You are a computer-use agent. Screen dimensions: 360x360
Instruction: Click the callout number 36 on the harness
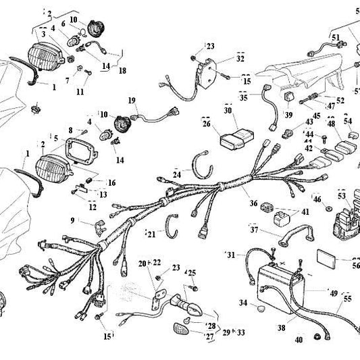(x=253, y=203)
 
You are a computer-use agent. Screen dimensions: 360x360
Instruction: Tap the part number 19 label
(x=132, y=100)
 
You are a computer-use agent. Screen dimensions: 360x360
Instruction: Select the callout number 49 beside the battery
(x=333, y=292)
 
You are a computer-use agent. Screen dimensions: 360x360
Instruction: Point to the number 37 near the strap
(x=255, y=230)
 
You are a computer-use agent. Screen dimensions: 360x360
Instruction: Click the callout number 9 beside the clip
(x=72, y=220)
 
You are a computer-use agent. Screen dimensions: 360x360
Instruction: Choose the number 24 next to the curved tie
(x=177, y=174)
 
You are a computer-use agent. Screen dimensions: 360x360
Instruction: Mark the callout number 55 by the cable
(x=347, y=298)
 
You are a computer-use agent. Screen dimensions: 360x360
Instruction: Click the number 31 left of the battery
(x=231, y=255)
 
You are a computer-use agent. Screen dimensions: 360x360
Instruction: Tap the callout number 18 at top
(x=122, y=70)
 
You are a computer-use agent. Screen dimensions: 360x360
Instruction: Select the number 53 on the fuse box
(x=342, y=196)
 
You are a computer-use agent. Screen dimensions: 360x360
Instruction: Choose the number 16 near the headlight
(x=111, y=182)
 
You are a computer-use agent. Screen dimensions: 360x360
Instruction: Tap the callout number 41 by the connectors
(x=305, y=211)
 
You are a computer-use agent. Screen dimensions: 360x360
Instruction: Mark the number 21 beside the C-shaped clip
(x=151, y=234)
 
